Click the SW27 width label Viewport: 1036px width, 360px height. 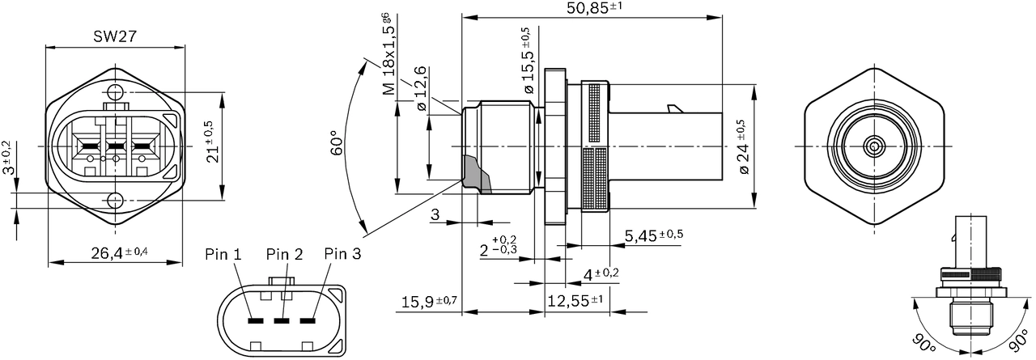point(115,36)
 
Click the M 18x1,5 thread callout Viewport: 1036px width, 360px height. point(389,55)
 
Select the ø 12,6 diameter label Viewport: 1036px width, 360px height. point(421,91)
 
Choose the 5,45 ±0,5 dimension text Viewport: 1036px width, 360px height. point(654,235)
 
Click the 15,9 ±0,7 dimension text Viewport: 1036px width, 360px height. point(429,302)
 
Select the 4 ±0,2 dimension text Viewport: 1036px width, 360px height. point(601,274)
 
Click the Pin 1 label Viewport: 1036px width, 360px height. point(223,254)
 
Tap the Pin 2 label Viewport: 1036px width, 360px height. point(284,254)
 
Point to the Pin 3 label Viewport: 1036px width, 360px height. point(342,254)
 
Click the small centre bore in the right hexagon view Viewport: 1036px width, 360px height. point(874,146)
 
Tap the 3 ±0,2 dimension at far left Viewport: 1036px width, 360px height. point(7,159)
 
